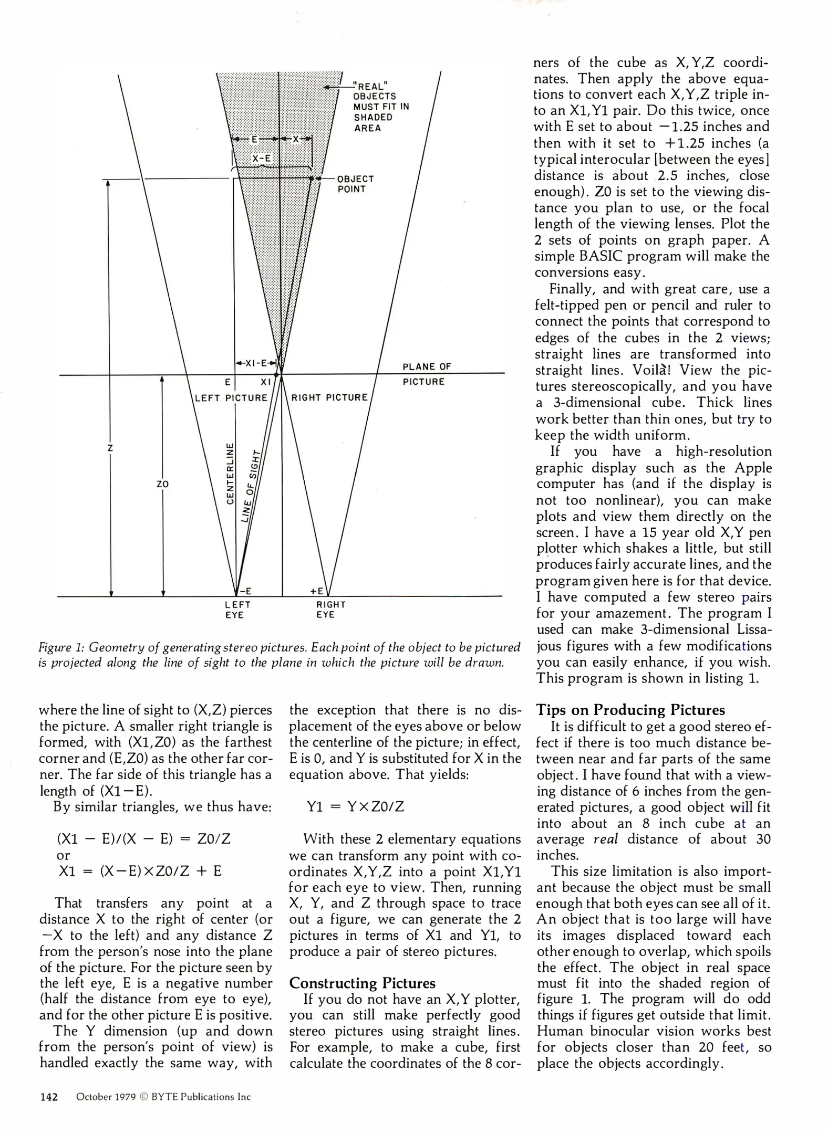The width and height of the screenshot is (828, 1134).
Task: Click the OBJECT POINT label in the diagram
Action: pos(355,184)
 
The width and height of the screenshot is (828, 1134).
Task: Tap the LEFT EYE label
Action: pos(234,610)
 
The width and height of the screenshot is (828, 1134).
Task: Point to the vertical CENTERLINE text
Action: pos(230,473)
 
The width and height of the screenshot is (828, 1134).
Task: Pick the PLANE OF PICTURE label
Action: pos(426,374)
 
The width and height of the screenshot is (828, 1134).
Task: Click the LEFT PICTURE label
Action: pos(231,397)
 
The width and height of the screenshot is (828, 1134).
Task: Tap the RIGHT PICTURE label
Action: pos(329,397)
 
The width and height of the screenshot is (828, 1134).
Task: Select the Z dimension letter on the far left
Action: pos(110,448)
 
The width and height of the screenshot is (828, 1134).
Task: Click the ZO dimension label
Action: pos(163,484)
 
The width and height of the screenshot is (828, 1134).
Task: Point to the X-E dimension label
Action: pos(262,158)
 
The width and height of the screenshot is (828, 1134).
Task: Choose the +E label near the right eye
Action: pos(317,591)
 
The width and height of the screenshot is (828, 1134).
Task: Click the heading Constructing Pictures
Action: pos(362,983)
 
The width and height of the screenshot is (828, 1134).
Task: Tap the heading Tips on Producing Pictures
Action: pos(630,710)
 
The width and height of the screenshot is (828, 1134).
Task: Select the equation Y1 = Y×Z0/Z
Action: pos(355,806)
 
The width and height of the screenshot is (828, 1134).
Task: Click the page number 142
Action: pos(49,1097)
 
